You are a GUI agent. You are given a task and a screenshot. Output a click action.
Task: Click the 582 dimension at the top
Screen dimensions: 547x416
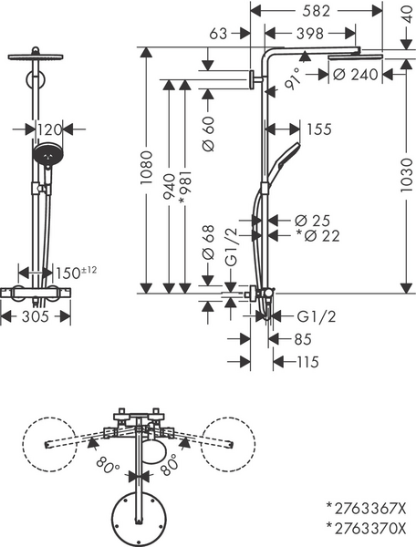pyautogui.click(x=316, y=12)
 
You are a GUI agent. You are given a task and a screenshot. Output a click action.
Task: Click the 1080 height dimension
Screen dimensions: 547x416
pyautogui.click(x=143, y=170)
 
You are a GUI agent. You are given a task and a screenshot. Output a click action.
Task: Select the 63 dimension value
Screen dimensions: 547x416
pyautogui.click(x=216, y=34)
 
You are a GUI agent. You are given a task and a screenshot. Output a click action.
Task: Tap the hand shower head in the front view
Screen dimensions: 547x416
pyautogui.click(x=46, y=155)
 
